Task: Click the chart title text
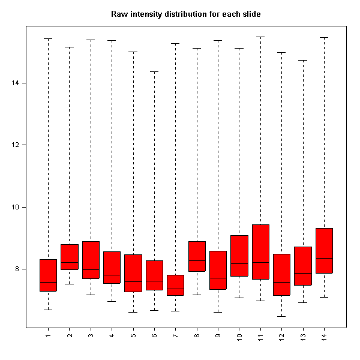tap(185, 13)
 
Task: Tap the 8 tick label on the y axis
tap(16, 269)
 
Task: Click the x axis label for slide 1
tap(48, 334)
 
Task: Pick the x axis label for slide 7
tap(176, 334)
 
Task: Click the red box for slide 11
tap(260, 252)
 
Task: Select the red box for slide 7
tap(176, 285)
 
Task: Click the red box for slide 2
tap(70, 257)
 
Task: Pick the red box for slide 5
tap(133, 273)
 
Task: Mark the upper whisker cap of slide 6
tap(155, 71)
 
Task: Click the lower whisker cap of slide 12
tap(282, 316)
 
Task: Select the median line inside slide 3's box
tap(91, 269)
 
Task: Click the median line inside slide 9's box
tap(218, 278)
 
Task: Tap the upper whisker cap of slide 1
tap(48, 38)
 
